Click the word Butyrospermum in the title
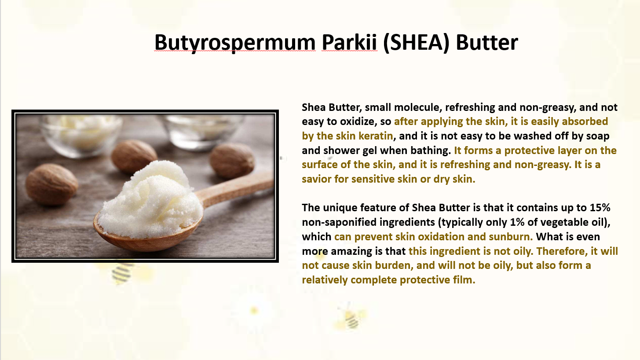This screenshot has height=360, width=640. (235, 43)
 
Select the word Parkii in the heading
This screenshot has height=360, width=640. (349, 42)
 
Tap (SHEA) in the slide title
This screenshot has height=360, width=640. (416, 43)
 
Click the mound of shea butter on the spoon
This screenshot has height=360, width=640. (150, 200)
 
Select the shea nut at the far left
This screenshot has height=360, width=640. (51, 184)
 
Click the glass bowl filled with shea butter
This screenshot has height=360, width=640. (81, 134)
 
